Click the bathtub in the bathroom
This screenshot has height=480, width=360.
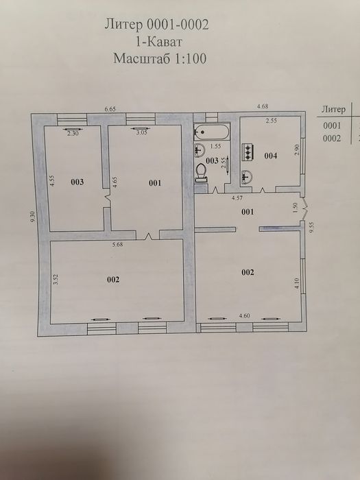tap(211, 132)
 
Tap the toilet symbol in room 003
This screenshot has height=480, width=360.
tap(202, 173)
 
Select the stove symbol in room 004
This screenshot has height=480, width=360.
tap(248, 152)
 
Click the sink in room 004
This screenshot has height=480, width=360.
tap(246, 178)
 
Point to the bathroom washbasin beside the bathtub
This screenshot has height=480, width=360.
tap(200, 150)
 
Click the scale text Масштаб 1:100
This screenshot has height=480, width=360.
tap(160, 58)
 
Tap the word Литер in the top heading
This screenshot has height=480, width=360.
tap(123, 25)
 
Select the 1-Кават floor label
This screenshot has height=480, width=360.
tap(159, 41)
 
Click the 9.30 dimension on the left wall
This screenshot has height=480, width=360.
tap(33, 217)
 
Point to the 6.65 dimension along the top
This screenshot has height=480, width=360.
tap(110, 109)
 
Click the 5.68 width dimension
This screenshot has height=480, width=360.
tap(117, 244)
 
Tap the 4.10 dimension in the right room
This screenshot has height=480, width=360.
tap(297, 283)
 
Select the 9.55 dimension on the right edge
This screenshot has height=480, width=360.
tap(312, 228)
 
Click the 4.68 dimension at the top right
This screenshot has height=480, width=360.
tap(263, 106)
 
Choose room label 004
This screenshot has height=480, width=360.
tap(271, 156)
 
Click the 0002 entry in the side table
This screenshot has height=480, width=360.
tap(332, 139)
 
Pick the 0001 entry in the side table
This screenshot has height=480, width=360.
tap(332, 125)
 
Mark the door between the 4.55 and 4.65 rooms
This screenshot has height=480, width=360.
tap(107, 197)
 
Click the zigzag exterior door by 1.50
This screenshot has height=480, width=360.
tap(304, 208)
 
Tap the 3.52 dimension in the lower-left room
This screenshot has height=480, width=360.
tap(56, 280)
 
